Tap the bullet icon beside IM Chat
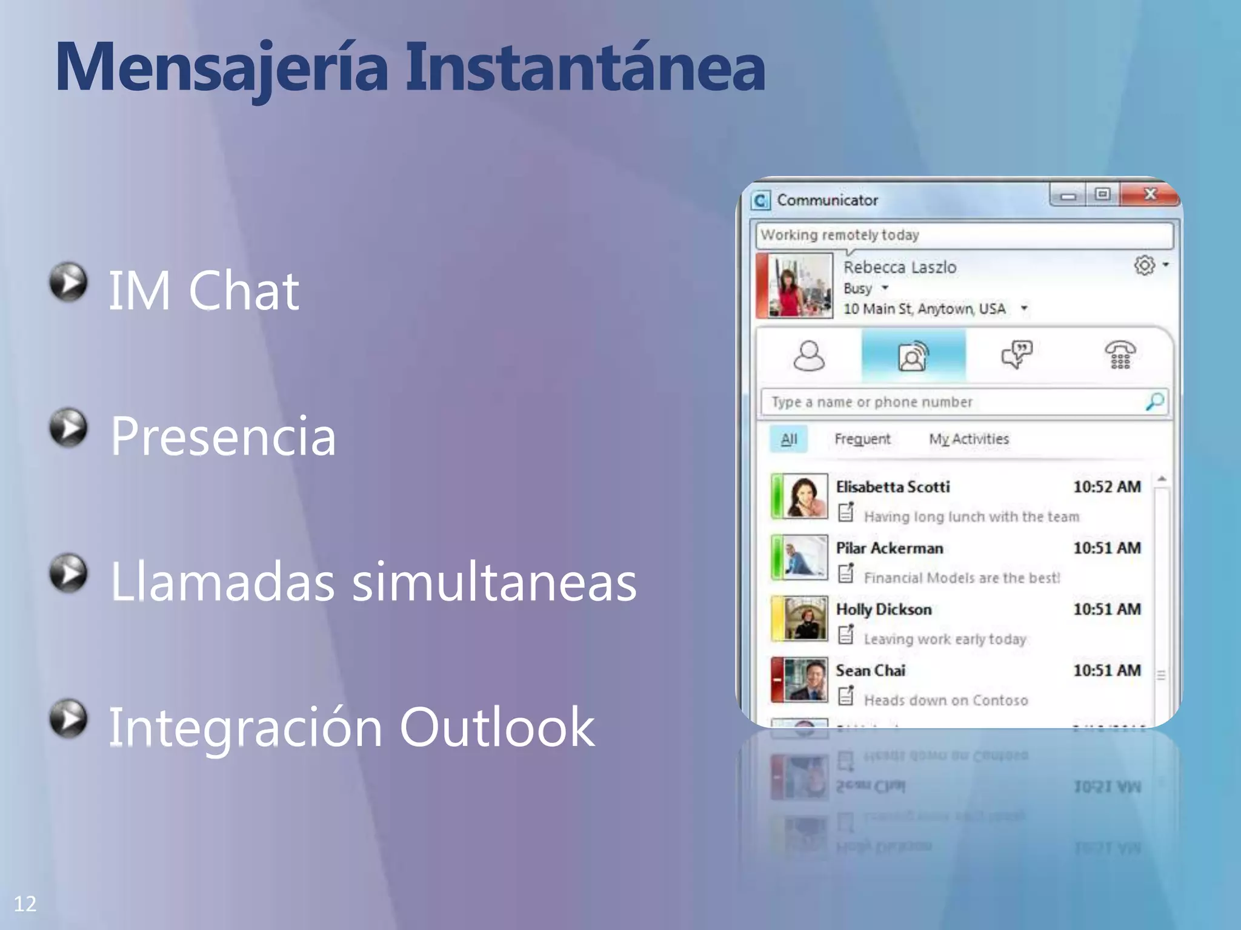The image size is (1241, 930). (68, 282)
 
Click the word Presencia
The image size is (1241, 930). (223, 436)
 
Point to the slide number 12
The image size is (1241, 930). (25, 904)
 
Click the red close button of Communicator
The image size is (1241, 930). (1150, 194)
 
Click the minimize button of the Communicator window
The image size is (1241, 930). (1068, 196)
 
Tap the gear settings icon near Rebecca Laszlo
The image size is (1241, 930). (1144, 265)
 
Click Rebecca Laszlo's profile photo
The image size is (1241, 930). (800, 285)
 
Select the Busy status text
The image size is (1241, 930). (857, 288)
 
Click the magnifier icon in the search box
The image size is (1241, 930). (1154, 401)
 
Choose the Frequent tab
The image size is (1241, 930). (862, 439)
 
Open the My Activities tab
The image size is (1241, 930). (969, 439)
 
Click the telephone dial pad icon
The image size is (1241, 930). (1120, 355)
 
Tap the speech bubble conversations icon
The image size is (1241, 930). (1017, 355)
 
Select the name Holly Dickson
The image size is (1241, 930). (883, 609)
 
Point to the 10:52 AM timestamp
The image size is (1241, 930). (1106, 487)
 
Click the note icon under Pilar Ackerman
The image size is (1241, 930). (846, 573)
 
